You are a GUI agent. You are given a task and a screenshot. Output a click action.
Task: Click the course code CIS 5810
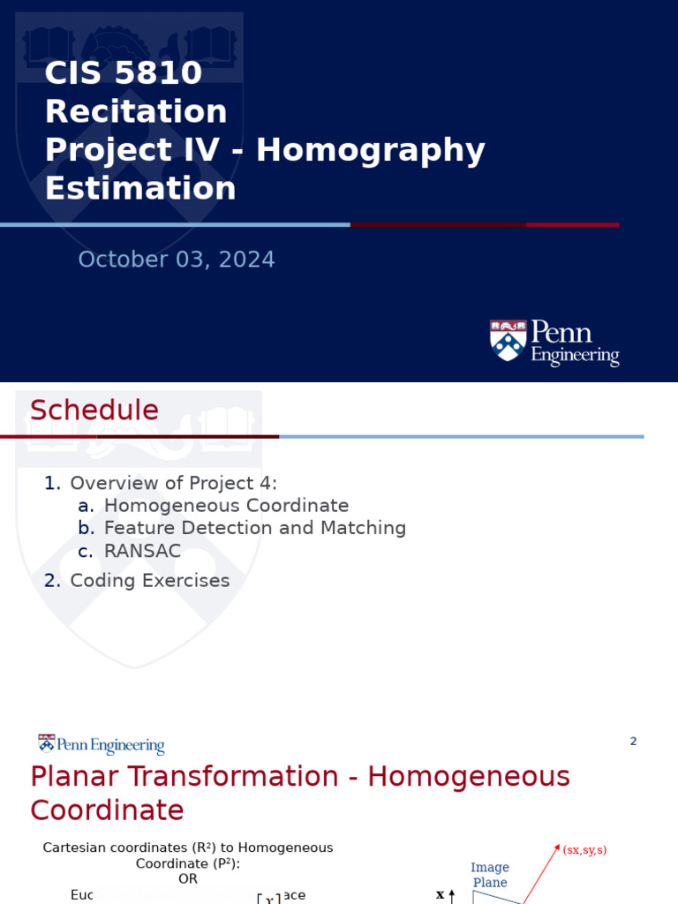pos(124,73)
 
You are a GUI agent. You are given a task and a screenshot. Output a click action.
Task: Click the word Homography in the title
pos(371,150)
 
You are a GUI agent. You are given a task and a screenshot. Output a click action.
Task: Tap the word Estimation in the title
pos(140,189)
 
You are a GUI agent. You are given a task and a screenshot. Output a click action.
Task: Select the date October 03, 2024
pos(177,260)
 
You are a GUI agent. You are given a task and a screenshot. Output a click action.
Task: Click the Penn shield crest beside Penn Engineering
pos(508,341)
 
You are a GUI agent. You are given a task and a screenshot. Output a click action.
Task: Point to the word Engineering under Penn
pos(575,356)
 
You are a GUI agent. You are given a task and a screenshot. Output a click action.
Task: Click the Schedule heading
pos(94,411)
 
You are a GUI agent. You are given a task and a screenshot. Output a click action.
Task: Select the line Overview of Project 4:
pos(173,483)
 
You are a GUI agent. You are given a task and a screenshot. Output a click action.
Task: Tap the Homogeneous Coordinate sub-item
pos(226,506)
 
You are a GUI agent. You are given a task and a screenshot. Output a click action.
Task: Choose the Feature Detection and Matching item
pos(255,528)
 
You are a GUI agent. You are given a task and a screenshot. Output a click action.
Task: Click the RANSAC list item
pos(142,551)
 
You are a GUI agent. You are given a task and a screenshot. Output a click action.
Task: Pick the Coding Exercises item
pos(150,581)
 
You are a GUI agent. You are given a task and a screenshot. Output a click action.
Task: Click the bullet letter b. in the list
pos(86,528)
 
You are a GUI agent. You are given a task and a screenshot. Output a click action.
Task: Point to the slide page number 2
pos(633,742)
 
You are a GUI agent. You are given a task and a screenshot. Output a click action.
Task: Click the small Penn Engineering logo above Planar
pos(101,745)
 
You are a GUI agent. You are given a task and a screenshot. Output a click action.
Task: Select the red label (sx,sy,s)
pos(584,850)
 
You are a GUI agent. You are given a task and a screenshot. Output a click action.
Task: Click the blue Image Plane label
pos(490,875)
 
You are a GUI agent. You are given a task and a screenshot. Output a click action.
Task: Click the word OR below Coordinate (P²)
pos(188,879)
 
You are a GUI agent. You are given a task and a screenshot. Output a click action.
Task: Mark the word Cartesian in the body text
pos(75,847)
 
